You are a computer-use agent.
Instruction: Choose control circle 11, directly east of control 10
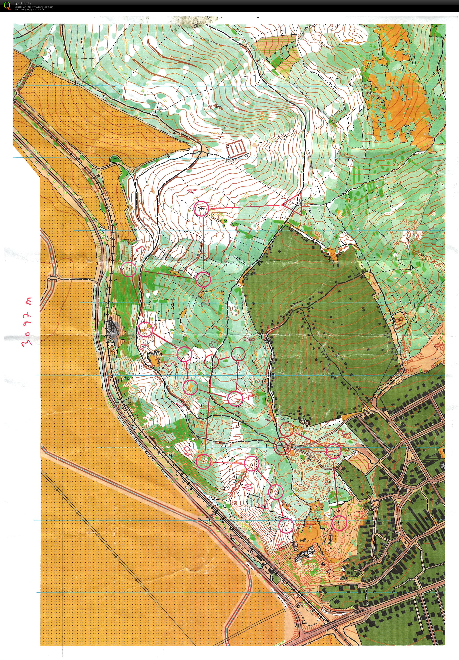click(x=252, y=464)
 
